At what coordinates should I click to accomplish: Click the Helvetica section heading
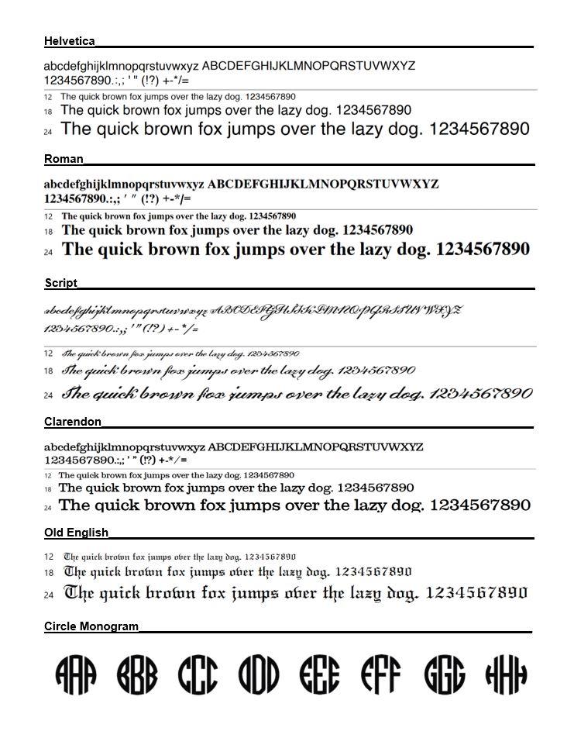point(70,41)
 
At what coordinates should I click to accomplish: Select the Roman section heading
point(64,159)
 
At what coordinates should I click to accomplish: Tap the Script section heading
point(60,283)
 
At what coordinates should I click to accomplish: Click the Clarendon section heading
point(73,422)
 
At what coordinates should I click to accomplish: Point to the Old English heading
point(76,533)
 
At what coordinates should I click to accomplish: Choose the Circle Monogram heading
point(91,626)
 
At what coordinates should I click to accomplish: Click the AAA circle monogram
point(76,674)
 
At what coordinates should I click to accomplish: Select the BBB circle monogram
point(137,674)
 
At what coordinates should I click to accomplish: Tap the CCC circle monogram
point(198,674)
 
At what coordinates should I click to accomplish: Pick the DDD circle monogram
point(259,674)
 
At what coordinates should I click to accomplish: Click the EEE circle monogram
point(319,674)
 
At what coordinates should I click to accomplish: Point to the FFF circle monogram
point(380,674)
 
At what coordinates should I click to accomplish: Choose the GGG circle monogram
point(444,674)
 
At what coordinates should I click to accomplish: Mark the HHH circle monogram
point(506,674)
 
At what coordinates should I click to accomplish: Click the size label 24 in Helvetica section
point(48,133)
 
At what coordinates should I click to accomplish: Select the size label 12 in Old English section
point(49,557)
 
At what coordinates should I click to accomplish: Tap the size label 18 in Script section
point(48,371)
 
